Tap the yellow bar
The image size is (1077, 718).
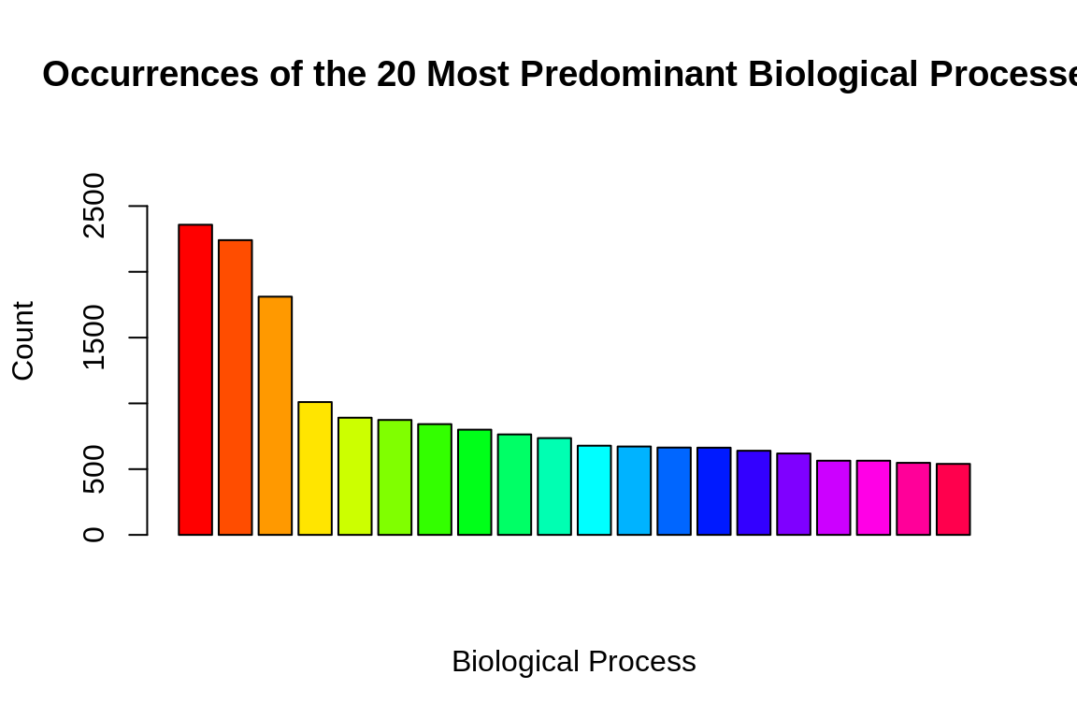click(x=315, y=468)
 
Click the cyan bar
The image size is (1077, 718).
click(x=595, y=490)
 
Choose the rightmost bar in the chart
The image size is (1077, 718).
click(x=954, y=499)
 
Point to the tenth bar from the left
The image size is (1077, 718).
click(x=554, y=486)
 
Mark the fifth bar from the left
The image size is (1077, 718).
click(x=355, y=476)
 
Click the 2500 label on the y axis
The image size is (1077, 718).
click(x=94, y=206)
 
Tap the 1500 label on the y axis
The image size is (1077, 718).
click(x=94, y=337)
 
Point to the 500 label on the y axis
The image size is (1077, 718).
click(x=94, y=469)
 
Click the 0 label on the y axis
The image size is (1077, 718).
click(x=94, y=535)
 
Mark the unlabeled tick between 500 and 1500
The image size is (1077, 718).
click(x=137, y=403)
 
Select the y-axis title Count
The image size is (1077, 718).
click(x=23, y=340)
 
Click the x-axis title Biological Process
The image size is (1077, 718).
click(x=573, y=662)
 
